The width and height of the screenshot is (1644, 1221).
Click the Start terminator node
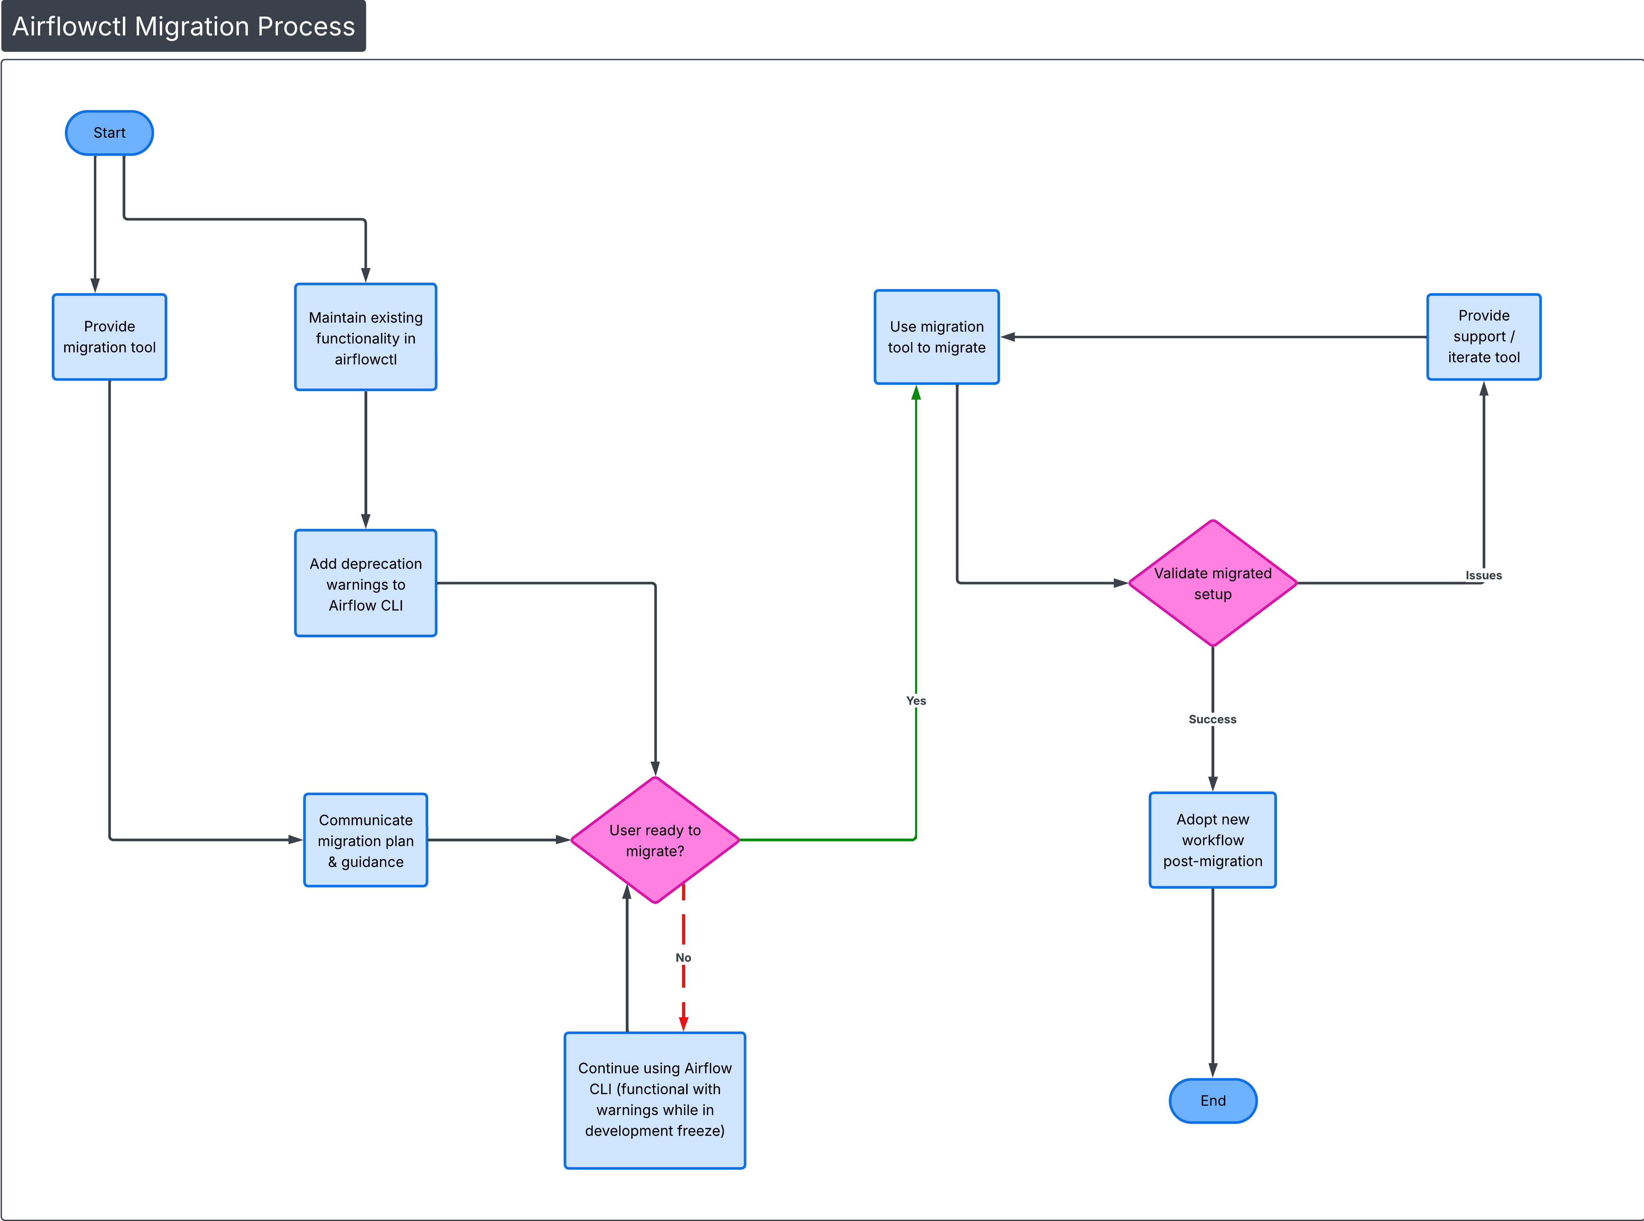pos(109,133)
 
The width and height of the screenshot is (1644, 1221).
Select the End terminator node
pos(1213,1101)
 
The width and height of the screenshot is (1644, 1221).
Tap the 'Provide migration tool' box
pos(109,337)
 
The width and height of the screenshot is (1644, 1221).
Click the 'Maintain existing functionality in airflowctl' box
pos(366,337)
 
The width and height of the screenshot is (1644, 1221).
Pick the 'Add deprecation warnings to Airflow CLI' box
pos(366,583)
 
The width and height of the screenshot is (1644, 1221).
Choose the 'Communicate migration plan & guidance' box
pos(366,840)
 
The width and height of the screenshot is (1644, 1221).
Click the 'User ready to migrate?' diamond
pos(655,840)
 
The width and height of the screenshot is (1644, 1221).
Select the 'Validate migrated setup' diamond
pos(1213,583)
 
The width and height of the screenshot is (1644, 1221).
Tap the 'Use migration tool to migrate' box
pos(936,337)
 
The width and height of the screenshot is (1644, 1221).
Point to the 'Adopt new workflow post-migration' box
pos(1213,840)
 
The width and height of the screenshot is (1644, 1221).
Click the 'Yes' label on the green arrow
pos(916,701)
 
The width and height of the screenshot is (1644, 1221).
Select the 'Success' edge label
pos(1212,719)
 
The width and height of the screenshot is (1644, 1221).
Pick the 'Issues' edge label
pos(1484,575)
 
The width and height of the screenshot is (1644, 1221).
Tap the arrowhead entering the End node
pos(1213,1069)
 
